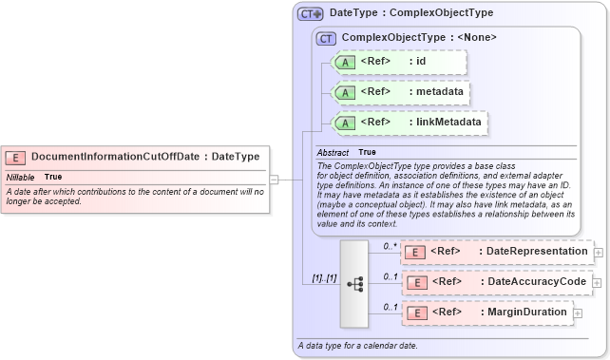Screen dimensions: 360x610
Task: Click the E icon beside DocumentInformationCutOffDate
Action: point(15,157)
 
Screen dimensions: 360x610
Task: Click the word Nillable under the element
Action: point(20,177)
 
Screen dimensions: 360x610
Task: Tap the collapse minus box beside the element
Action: point(274,178)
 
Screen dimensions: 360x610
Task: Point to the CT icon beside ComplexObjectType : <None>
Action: point(326,38)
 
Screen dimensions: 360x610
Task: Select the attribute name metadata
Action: point(440,92)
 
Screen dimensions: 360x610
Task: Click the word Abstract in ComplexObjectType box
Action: point(333,152)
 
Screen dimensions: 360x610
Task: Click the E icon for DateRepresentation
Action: point(414,252)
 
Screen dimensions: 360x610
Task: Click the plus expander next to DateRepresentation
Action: point(598,253)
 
